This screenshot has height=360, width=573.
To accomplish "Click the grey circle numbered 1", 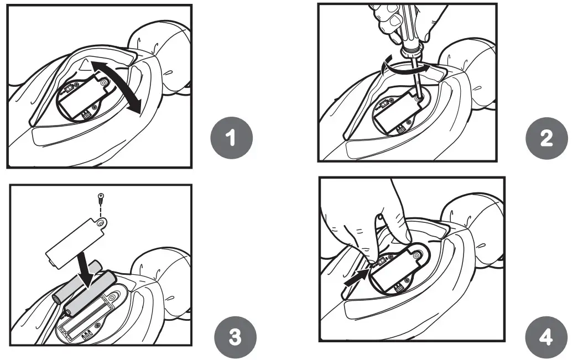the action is click(231, 138).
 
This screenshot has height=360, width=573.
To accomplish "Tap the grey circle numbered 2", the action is click(546, 138).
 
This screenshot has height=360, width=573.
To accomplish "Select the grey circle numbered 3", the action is click(235, 337).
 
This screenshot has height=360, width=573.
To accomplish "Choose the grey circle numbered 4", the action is click(546, 337).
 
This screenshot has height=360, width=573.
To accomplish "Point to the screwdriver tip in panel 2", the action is click(419, 97).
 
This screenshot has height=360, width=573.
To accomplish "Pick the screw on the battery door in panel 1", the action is click(104, 84).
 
